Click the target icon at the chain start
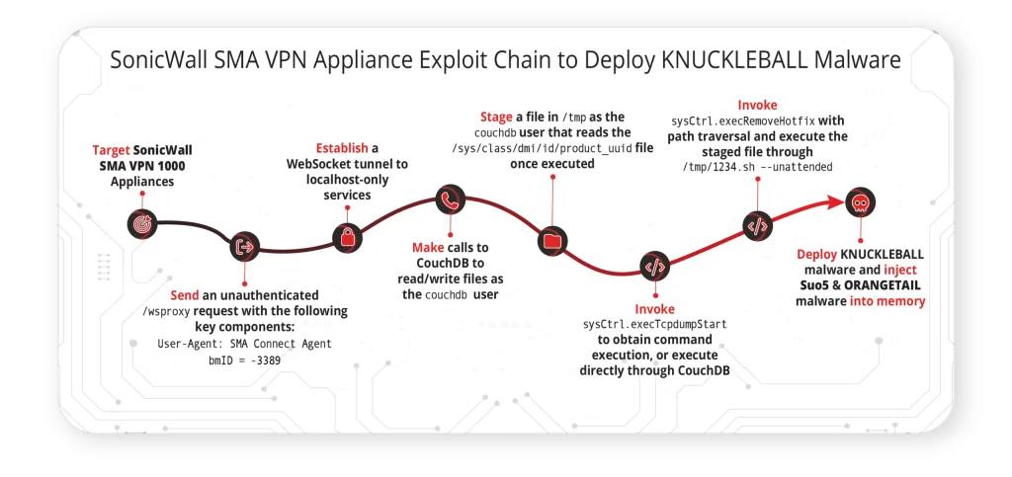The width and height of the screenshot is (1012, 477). tap(142, 223)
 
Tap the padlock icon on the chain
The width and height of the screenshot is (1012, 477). tap(347, 238)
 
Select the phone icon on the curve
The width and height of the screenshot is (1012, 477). tap(451, 200)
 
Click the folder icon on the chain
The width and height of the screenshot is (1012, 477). tap(553, 240)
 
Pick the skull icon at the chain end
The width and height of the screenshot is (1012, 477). tap(861, 202)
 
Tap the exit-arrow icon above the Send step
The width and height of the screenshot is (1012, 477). tap(245, 246)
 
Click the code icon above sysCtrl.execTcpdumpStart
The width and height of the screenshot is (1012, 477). tap(654, 266)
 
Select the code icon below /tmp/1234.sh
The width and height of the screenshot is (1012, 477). tap(758, 225)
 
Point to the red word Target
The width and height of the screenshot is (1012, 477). tap(111, 150)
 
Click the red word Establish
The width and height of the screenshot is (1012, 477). tap(342, 147)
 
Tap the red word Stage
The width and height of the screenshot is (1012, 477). tap(496, 118)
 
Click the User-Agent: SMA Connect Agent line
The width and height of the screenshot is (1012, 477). tap(245, 344)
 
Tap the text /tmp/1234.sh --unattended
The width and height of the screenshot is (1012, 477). tap(757, 167)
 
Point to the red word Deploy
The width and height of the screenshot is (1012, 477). tap(815, 254)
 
